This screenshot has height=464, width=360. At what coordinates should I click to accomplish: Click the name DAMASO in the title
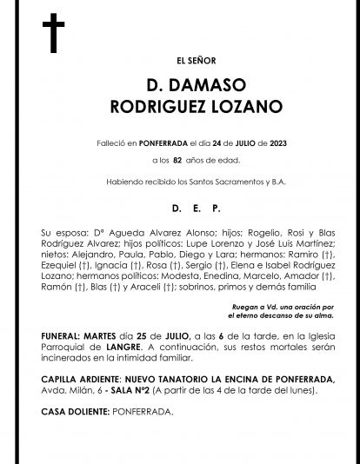click(x=193, y=87)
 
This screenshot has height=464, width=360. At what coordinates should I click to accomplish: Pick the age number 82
click(x=177, y=162)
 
